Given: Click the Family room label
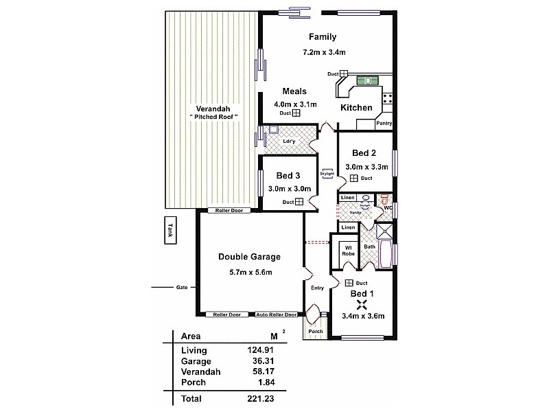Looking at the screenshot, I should tap(323, 36).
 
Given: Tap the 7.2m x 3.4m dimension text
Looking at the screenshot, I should tap(323, 52).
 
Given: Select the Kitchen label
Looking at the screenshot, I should tap(357, 108).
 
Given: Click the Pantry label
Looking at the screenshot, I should tap(384, 124).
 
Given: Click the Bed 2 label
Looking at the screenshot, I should tap(364, 152).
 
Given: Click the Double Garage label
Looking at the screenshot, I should tap(250, 257).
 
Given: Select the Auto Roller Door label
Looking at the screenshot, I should tap(277, 315).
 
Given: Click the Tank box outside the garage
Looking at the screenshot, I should tap(170, 231).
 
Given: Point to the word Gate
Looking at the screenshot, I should tap(182, 287).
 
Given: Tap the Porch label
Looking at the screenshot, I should tap(315, 331).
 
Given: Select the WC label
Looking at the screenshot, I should tap(388, 207).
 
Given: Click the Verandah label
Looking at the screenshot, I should tap(213, 109).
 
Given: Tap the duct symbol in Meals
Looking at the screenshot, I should tap(296, 113).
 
